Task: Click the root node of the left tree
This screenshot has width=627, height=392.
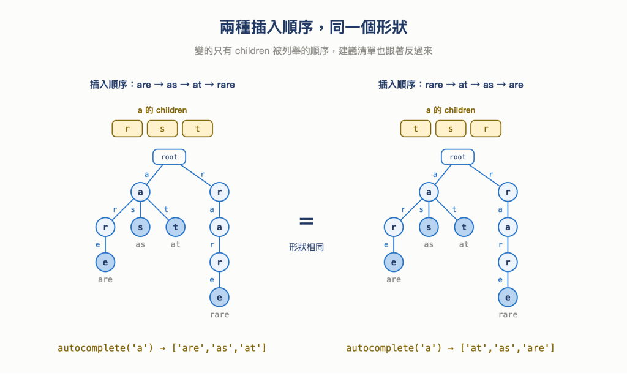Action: tap(169, 157)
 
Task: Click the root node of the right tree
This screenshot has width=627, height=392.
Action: tap(457, 157)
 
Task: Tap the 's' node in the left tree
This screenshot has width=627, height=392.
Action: tap(140, 227)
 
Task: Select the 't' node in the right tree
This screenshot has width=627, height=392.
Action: tap(464, 227)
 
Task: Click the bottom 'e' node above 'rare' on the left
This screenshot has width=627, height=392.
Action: tap(220, 298)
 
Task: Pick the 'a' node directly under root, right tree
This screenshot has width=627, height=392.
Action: tap(429, 192)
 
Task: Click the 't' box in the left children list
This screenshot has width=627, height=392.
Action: tap(198, 129)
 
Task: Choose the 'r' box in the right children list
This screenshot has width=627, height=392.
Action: tap(486, 129)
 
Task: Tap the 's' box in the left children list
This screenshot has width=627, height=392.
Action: tap(162, 129)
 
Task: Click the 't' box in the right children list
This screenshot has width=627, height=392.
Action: tap(416, 129)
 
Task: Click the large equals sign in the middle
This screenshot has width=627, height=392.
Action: tap(306, 221)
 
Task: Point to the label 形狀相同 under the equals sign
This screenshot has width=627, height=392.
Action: tap(306, 247)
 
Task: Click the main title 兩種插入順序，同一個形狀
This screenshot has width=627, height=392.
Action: tap(313, 28)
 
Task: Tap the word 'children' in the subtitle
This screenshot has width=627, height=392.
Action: tap(252, 51)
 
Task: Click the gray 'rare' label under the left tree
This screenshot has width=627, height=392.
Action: tap(220, 315)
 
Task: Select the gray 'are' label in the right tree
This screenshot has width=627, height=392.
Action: tap(394, 279)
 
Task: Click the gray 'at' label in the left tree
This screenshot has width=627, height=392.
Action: tap(175, 244)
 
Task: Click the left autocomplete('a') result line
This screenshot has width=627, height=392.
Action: tap(162, 348)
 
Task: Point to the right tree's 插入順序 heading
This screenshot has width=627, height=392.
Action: tap(451, 85)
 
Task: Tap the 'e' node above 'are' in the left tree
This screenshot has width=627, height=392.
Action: tap(105, 262)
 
